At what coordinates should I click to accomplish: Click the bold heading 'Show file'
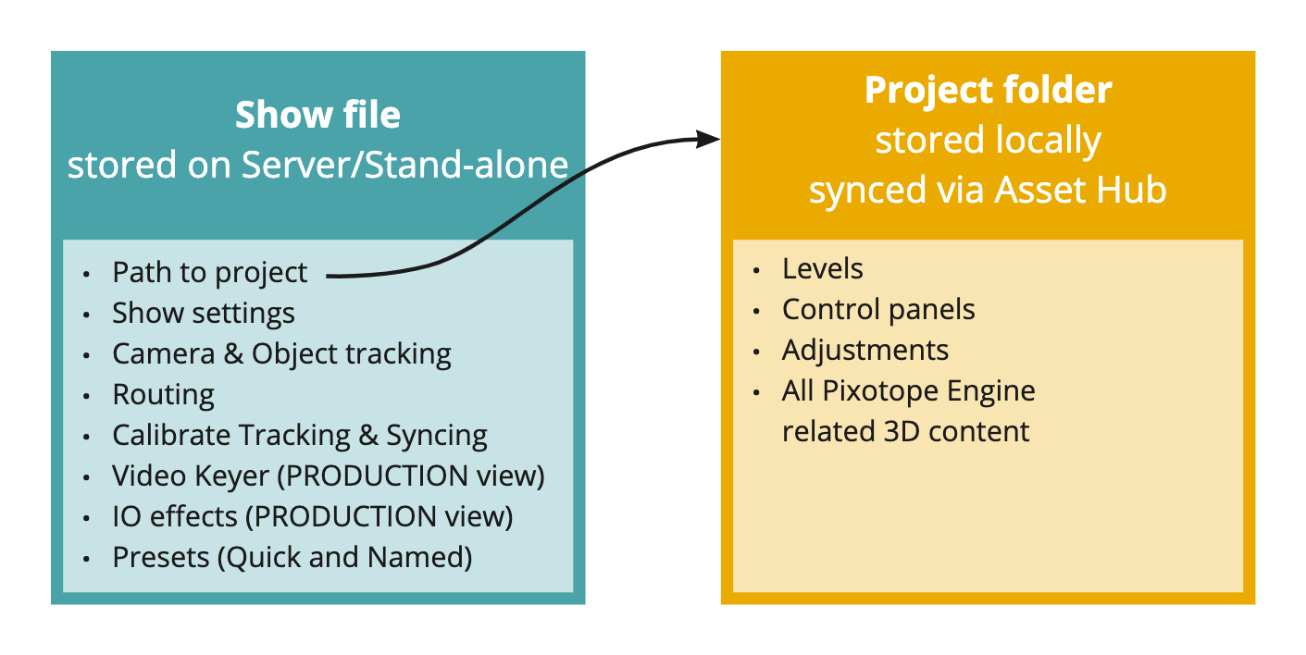(x=317, y=116)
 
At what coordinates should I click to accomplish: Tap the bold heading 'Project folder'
(x=988, y=91)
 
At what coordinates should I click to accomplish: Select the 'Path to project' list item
(x=209, y=273)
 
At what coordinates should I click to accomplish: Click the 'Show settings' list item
(x=204, y=314)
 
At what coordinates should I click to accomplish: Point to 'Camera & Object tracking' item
(x=281, y=354)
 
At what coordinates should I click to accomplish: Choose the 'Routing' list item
(x=163, y=395)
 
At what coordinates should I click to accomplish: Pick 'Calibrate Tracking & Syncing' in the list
(x=299, y=436)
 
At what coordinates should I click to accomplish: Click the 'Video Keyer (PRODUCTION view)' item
(x=328, y=476)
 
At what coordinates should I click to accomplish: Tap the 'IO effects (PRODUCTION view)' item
(x=312, y=517)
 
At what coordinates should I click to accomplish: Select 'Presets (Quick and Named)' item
(x=292, y=558)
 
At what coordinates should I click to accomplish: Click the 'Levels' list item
(x=822, y=269)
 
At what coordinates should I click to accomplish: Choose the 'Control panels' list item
(x=878, y=310)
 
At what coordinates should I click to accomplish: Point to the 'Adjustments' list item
(x=864, y=351)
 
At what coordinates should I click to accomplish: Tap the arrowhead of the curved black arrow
(x=710, y=139)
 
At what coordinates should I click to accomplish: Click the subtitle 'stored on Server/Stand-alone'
(x=317, y=165)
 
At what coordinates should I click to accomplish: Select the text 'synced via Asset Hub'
(x=988, y=190)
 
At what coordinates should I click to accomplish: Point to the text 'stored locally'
(x=988, y=141)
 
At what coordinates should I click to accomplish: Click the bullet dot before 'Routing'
(x=87, y=396)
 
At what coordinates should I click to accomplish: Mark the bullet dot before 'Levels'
(x=757, y=270)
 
